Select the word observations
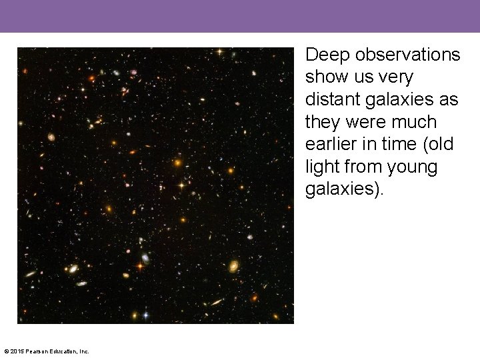click(407, 55)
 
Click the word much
click(415, 123)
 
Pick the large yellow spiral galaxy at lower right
click(233, 266)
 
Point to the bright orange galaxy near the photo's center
click(177, 162)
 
